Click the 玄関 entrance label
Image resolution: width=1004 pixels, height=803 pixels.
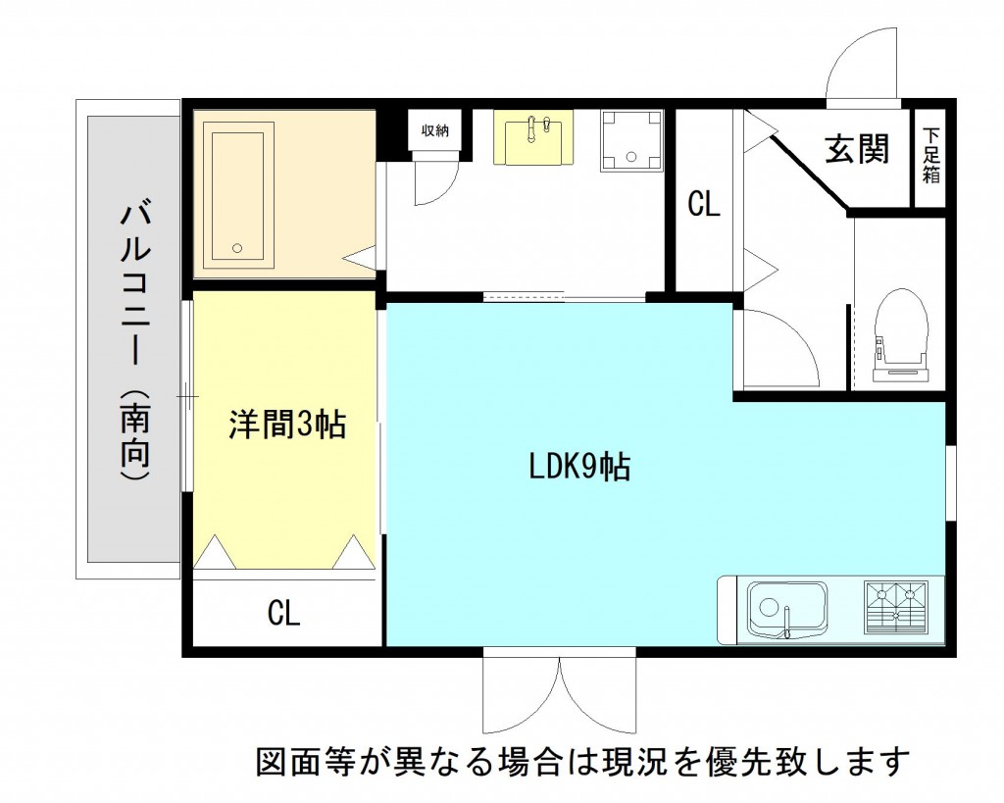pos(857,149)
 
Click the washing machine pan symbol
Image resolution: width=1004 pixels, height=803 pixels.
pos(630,139)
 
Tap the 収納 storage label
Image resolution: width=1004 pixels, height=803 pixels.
pos(435,130)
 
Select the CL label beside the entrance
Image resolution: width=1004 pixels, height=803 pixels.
pos(703,204)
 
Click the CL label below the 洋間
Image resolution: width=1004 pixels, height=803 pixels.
pos(283,614)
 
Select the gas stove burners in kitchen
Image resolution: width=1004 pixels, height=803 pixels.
pos(895,604)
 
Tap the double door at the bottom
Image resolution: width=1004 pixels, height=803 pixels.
pos(559,694)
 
